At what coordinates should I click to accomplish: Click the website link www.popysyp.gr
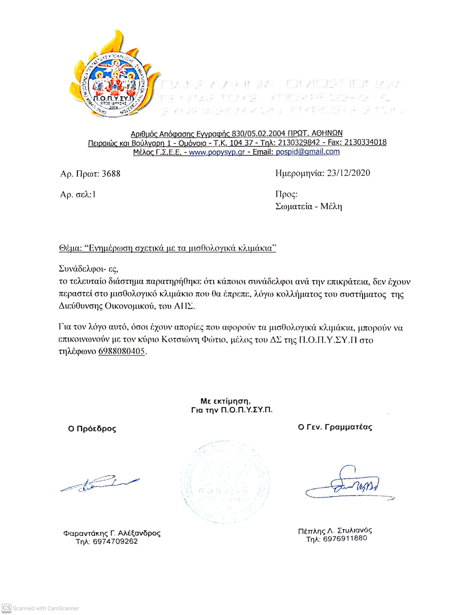[x=217, y=152]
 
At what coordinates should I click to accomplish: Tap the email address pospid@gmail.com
[x=308, y=152]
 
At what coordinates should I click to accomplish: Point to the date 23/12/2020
[x=348, y=173]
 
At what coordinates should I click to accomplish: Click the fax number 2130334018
[x=365, y=142]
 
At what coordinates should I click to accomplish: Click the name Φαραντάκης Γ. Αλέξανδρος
[x=112, y=533]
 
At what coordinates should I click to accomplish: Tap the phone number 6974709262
[x=115, y=541]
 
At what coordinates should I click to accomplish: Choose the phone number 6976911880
[x=345, y=539]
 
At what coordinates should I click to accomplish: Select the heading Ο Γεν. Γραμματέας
[x=335, y=427]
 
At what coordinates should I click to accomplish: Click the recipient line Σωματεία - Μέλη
[x=308, y=206]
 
